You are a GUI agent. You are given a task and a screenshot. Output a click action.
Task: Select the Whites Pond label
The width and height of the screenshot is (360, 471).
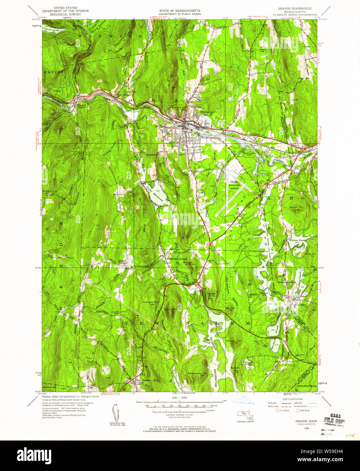[298, 240]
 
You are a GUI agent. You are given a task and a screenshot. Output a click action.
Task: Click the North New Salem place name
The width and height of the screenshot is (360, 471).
[176, 259]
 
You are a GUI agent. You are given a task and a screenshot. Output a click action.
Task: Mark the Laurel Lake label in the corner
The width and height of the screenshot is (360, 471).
[51, 29]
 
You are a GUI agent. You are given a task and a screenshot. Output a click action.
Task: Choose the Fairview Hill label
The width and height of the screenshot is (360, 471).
[234, 341]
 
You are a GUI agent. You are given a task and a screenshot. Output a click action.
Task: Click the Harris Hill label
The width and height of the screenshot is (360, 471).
[171, 309]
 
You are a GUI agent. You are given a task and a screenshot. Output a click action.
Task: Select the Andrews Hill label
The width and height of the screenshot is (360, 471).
[150, 302]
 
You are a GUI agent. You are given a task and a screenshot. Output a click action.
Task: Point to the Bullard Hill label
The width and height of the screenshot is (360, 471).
[49, 191]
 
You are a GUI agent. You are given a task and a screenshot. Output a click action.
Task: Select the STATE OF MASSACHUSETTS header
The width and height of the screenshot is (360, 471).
[180, 11]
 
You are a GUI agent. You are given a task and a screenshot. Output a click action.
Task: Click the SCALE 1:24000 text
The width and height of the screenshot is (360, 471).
[180, 397]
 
